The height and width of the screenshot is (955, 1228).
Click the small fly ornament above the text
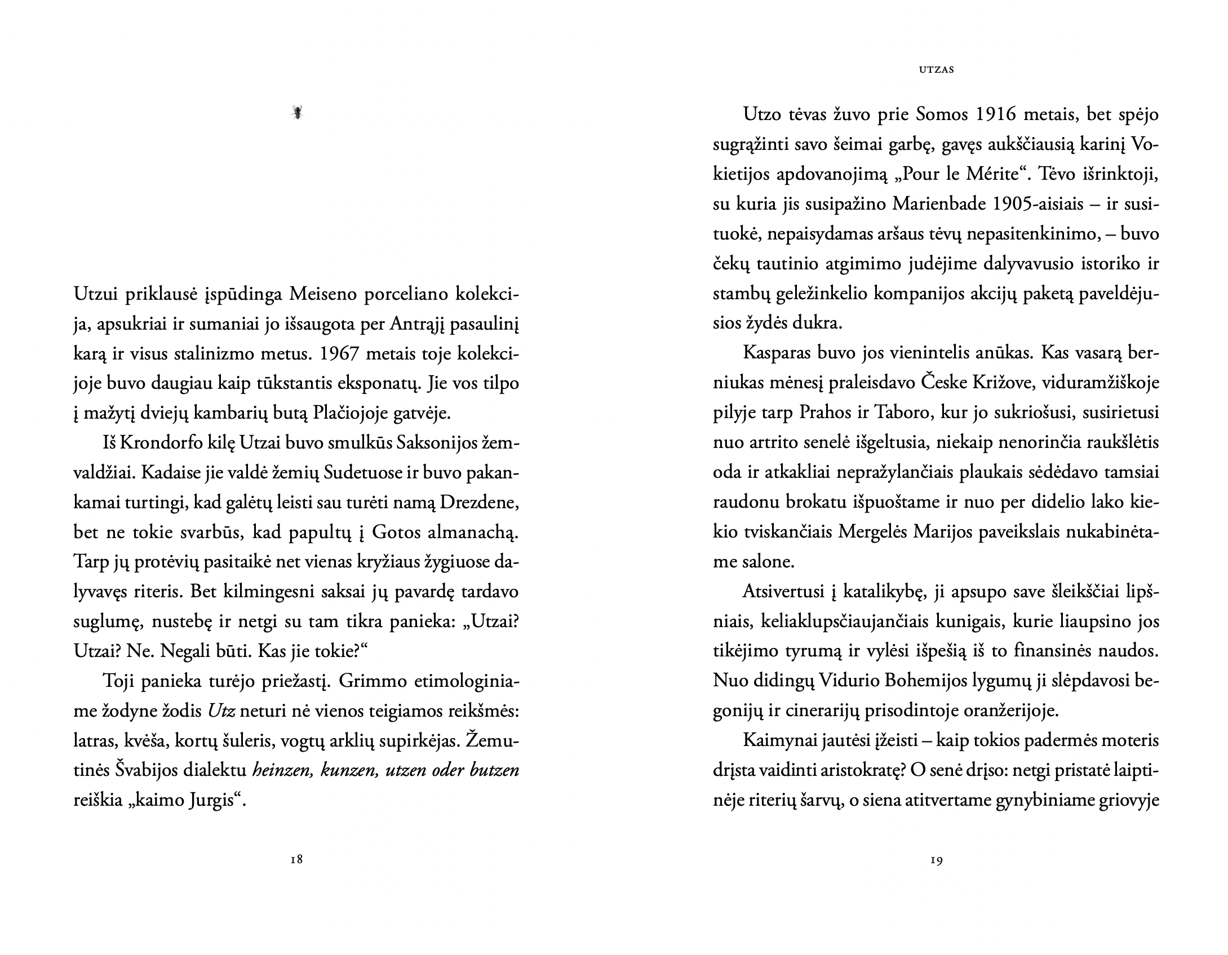[297, 113]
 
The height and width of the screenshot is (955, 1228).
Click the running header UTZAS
[936, 70]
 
